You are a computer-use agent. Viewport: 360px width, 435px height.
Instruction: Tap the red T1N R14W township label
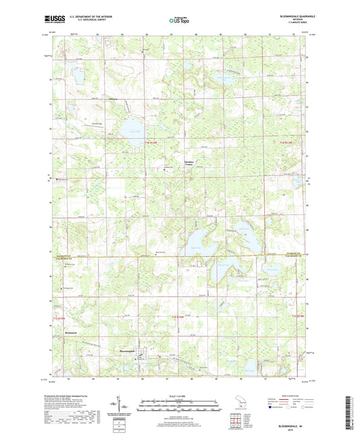[x=152, y=144]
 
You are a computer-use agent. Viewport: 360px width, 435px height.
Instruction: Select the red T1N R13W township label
[x=287, y=144]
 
